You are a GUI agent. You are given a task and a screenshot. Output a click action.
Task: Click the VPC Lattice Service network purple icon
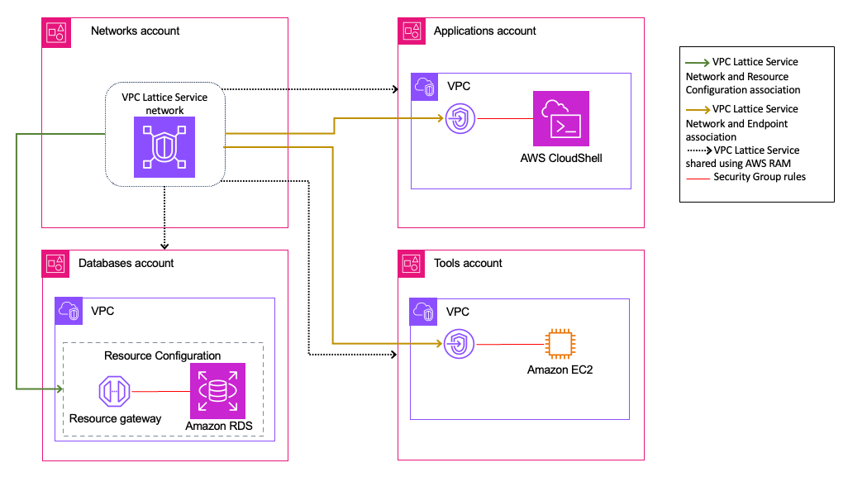(x=164, y=146)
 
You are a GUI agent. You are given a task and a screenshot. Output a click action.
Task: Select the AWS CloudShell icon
(x=561, y=119)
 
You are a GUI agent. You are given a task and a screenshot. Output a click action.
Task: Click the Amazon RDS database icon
(x=217, y=390)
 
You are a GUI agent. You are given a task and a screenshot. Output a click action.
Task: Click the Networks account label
(x=135, y=31)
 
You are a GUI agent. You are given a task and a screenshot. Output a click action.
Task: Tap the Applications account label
(x=484, y=31)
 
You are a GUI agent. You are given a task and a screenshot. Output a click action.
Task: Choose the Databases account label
(x=126, y=263)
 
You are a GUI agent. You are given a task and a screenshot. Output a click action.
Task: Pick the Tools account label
(x=468, y=263)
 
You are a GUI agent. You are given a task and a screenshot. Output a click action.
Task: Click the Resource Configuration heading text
(x=162, y=355)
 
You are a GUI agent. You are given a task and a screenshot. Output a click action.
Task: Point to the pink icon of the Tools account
(x=412, y=264)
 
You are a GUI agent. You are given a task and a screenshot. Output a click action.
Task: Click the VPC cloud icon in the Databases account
(x=69, y=312)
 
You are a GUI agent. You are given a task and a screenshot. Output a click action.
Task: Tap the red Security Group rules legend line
(x=698, y=177)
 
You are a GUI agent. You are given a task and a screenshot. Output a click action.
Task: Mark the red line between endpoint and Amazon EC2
(x=506, y=344)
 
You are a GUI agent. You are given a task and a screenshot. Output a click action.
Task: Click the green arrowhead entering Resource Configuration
(x=59, y=389)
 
